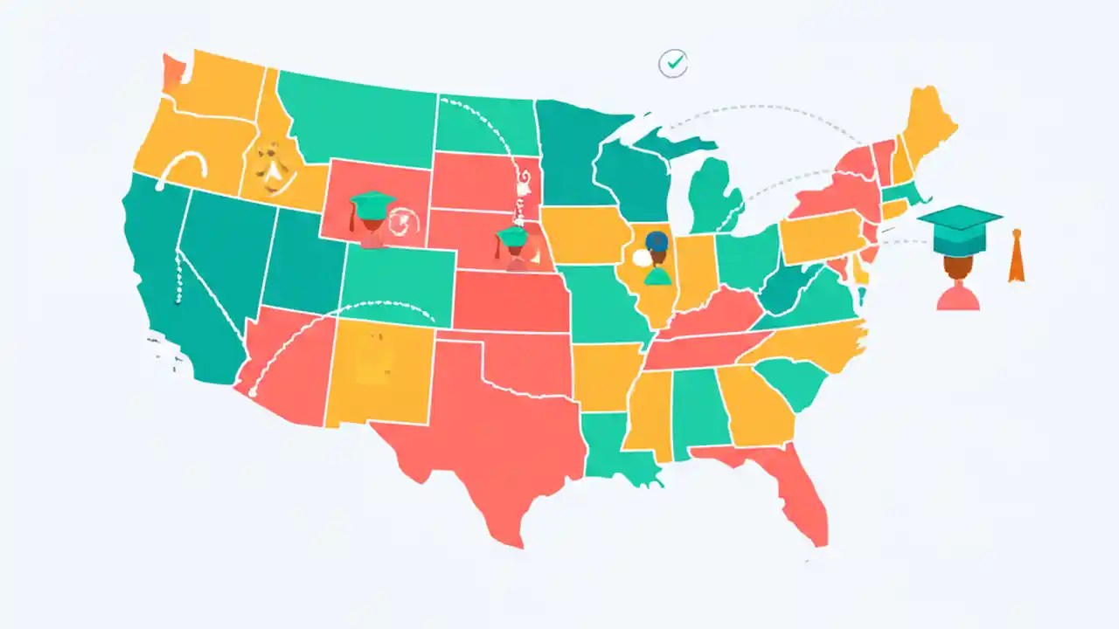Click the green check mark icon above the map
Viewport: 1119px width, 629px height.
pyautogui.click(x=672, y=63)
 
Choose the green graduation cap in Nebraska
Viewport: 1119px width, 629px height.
pyautogui.click(x=511, y=236)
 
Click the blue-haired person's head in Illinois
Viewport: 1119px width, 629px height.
pyautogui.click(x=657, y=243)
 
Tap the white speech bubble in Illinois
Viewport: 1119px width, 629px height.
pyautogui.click(x=643, y=258)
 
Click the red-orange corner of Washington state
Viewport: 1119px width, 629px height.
pyautogui.click(x=171, y=73)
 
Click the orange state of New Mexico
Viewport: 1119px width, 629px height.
pyautogui.click(x=380, y=371)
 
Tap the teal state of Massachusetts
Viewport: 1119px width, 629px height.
pyautogui.click(x=900, y=194)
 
